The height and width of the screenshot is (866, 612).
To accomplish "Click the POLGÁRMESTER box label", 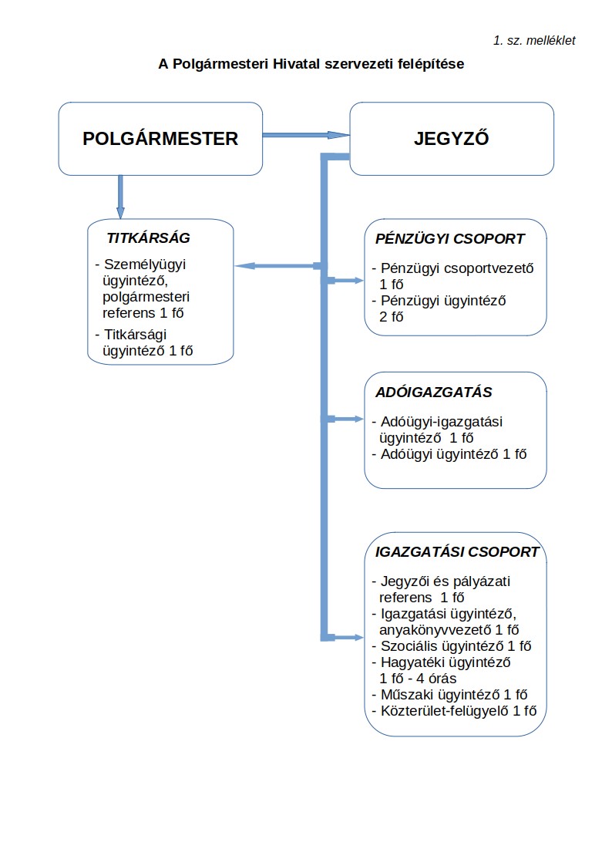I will tap(160, 139).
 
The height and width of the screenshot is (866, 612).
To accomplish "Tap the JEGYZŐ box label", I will tap(451, 139).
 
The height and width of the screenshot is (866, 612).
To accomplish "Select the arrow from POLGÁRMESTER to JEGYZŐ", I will tap(306, 135).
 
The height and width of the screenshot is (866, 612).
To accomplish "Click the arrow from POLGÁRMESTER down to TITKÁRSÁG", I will tap(120, 197).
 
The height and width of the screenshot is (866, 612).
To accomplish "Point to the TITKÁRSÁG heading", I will tap(148, 238).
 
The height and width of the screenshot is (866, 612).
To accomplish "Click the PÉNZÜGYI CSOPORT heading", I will tap(450, 239).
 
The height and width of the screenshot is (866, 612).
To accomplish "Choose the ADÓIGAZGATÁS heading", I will tap(433, 393).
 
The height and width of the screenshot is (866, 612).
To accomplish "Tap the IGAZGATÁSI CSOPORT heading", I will tap(457, 553).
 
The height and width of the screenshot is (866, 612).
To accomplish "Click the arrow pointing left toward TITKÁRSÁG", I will tap(277, 266).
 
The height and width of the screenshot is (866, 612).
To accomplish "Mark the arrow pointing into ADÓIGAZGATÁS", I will tap(347, 420).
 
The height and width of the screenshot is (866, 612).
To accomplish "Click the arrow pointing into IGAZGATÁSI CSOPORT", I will tap(347, 638).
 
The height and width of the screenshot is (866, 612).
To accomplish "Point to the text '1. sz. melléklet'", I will tap(534, 40).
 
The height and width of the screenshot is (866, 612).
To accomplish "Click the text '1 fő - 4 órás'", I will tap(418, 679).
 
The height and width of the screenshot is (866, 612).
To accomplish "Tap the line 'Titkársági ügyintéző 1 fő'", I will tap(143, 342).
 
